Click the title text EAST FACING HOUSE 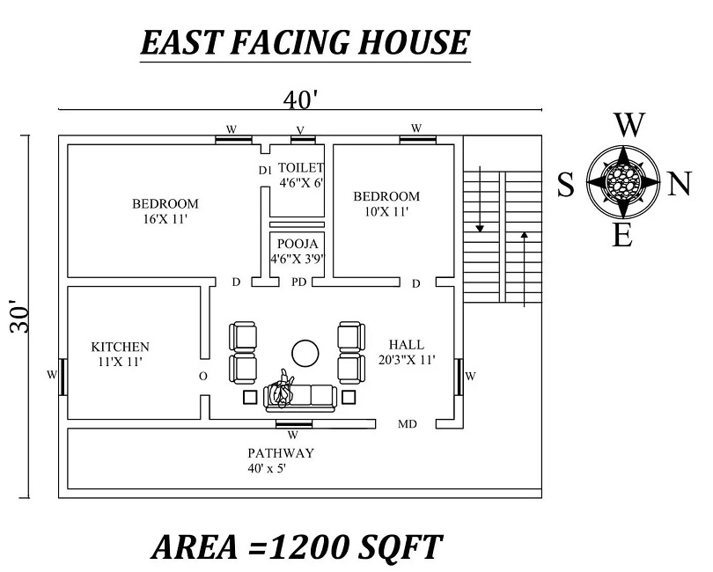click(x=305, y=42)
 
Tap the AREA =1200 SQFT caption click(x=297, y=546)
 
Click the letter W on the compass click(x=628, y=126)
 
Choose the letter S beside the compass click(x=566, y=184)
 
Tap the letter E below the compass click(x=622, y=235)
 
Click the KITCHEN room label click(x=120, y=347)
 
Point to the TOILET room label click(x=301, y=167)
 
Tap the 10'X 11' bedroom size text click(x=386, y=211)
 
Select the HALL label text click(x=406, y=344)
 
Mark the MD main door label click(x=408, y=424)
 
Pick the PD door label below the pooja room click(x=299, y=282)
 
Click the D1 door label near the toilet click(x=264, y=170)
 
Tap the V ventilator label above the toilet click(x=300, y=130)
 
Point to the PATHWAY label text click(x=281, y=452)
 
